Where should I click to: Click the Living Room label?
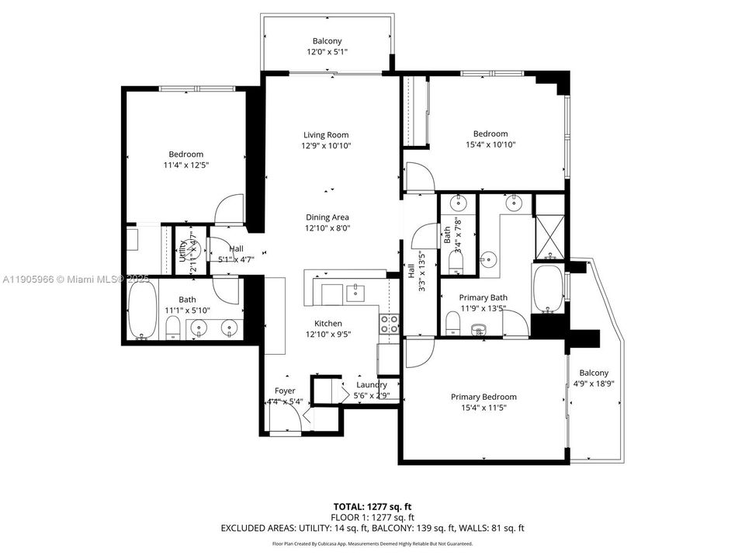pyautogui.click(x=325, y=135)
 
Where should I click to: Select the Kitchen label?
pyautogui.click(x=328, y=324)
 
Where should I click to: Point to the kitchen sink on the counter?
pyautogui.click(x=357, y=293)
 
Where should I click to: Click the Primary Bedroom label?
pyautogui.click(x=483, y=397)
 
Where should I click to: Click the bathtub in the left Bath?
pyautogui.click(x=141, y=310)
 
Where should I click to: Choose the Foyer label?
pyautogui.click(x=285, y=391)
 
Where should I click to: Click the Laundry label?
pyautogui.click(x=371, y=385)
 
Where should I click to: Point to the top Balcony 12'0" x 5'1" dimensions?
pyautogui.click(x=327, y=53)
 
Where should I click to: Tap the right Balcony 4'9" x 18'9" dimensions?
pyautogui.click(x=594, y=384)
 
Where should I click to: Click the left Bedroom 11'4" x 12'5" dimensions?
pyautogui.click(x=186, y=165)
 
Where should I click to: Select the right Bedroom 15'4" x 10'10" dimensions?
pyautogui.click(x=490, y=144)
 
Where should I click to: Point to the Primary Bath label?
pyautogui.click(x=483, y=297)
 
